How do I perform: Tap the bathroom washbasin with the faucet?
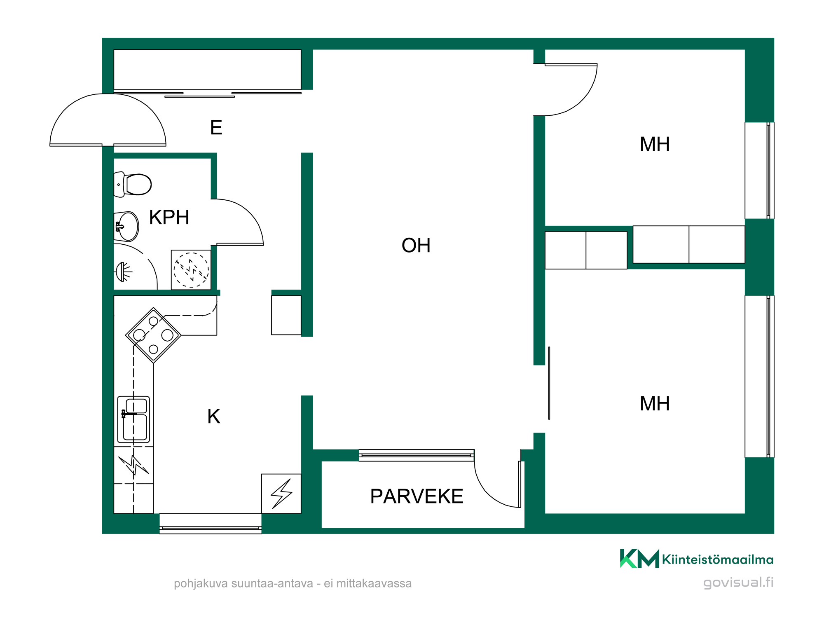[x=127, y=226]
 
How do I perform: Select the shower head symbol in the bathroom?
[x=123, y=272]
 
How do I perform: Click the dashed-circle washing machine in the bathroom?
[x=191, y=270]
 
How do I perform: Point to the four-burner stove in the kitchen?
[x=153, y=335]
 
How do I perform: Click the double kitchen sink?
[x=133, y=419]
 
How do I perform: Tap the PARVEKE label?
[x=417, y=496]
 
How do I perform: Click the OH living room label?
[x=416, y=246]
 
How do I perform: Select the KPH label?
[x=169, y=217]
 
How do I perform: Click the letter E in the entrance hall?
[x=216, y=128]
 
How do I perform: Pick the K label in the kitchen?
[x=214, y=417]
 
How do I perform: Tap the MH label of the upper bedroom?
[x=655, y=145]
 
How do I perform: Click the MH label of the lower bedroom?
[x=655, y=404]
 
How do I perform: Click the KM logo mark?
[x=639, y=558]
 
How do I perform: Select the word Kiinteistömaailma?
[x=718, y=559]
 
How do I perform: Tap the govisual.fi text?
[x=738, y=582]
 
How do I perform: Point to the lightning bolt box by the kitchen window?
[x=281, y=494]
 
